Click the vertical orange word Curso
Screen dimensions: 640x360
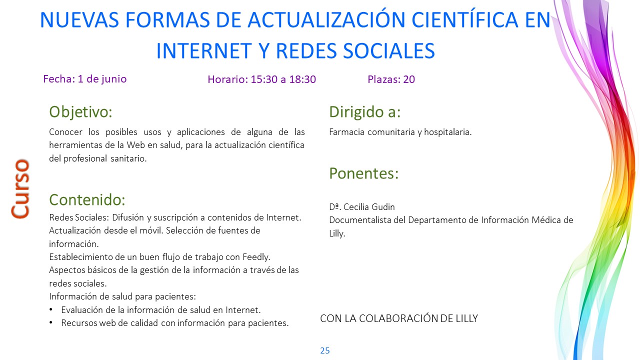(20, 188)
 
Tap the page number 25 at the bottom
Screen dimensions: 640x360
(325, 350)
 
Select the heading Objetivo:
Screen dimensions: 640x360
(80, 111)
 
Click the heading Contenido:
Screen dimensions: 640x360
(87, 199)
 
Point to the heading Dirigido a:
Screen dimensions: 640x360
(365, 111)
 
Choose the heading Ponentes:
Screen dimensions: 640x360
(363, 173)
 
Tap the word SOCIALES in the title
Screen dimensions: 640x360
(389, 51)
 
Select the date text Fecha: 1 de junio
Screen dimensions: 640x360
(85, 79)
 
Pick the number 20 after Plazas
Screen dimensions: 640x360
(409, 79)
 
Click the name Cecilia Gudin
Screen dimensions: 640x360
(369, 207)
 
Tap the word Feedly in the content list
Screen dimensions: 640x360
(256, 257)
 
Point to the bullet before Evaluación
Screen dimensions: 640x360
(51, 309)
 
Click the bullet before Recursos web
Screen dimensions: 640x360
(51, 322)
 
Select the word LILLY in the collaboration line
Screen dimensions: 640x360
(466, 318)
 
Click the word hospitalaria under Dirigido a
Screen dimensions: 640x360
(447, 132)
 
